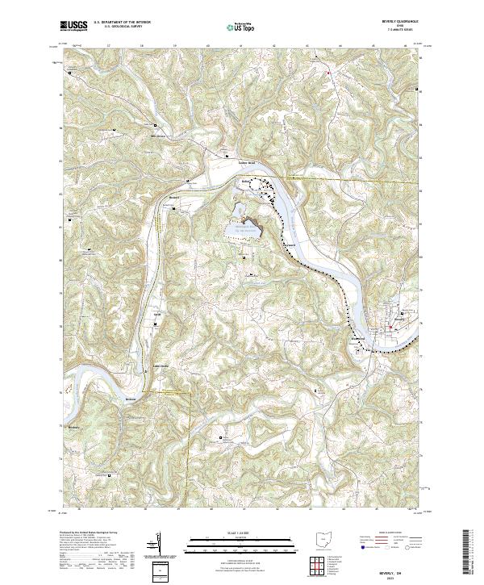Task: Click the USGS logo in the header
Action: coord(74,27)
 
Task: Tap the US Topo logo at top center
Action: coord(240,27)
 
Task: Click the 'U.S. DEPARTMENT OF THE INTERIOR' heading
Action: coord(122,23)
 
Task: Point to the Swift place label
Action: coord(158,314)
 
